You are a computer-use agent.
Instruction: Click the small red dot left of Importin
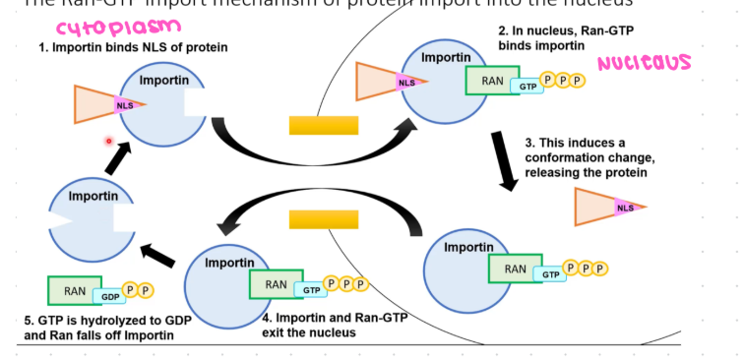click(110, 141)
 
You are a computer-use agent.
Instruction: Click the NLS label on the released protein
click(625, 208)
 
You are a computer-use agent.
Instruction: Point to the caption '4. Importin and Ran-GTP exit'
click(334, 324)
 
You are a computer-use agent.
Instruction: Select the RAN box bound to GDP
click(75, 291)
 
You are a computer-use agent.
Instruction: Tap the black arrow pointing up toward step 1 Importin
click(122, 155)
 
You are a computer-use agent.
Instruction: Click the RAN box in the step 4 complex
click(274, 285)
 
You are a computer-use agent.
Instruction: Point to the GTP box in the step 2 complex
click(527, 88)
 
